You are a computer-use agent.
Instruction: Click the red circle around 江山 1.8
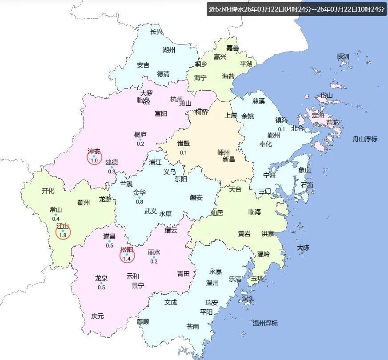tap(63, 231)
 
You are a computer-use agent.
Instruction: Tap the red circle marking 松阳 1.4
tap(127, 254)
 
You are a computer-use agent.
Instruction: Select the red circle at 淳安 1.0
tap(94, 156)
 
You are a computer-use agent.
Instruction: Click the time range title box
tap(296, 9)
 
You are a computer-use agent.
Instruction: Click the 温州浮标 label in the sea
tap(265, 323)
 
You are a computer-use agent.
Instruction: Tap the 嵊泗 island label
tap(343, 56)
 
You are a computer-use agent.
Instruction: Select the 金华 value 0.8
tap(139, 202)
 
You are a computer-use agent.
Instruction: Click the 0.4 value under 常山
tap(56, 219)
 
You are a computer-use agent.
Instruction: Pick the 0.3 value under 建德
tap(112, 172)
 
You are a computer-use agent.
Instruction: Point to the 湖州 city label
tap(169, 50)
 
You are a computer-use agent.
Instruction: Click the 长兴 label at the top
tap(156, 32)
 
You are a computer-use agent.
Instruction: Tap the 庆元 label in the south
tap(97, 316)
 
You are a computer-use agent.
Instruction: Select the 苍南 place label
tap(193, 327)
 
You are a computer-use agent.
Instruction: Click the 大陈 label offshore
tap(303, 248)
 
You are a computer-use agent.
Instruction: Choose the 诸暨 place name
tap(184, 144)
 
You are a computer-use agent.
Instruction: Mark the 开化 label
tap(48, 191)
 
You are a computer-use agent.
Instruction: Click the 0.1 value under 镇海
tap(281, 129)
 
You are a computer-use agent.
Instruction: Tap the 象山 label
tap(304, 170)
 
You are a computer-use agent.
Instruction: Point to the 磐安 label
tap(196, 198)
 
